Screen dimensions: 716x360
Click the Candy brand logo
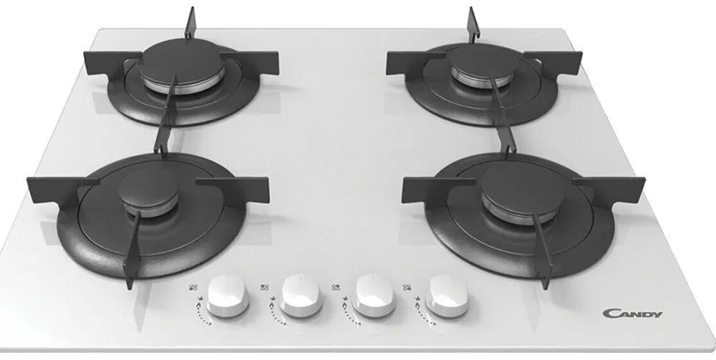pyautogui.click(x=632, y=313)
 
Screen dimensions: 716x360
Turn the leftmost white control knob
pyautogui.click(x=228, y=296)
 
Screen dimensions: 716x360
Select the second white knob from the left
pyautogui.click(x=301, y=296)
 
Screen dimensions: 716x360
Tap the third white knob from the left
pyautogui.click(x=374, y=296)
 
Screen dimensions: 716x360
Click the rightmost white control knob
pyautogui.click(x=447, y=296)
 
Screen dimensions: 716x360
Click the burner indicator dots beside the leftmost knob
pyautogui.click(x=193, y=288)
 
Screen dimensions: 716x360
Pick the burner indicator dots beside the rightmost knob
pyautogui.click(x=407, y=288)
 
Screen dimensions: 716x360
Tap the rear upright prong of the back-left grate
pyautogui.click(x=190, y=24)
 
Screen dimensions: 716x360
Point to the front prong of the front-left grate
pyautogui.click(x=132, y=248)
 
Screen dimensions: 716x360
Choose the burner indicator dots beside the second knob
pyautogui.click(x=264, y=288)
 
